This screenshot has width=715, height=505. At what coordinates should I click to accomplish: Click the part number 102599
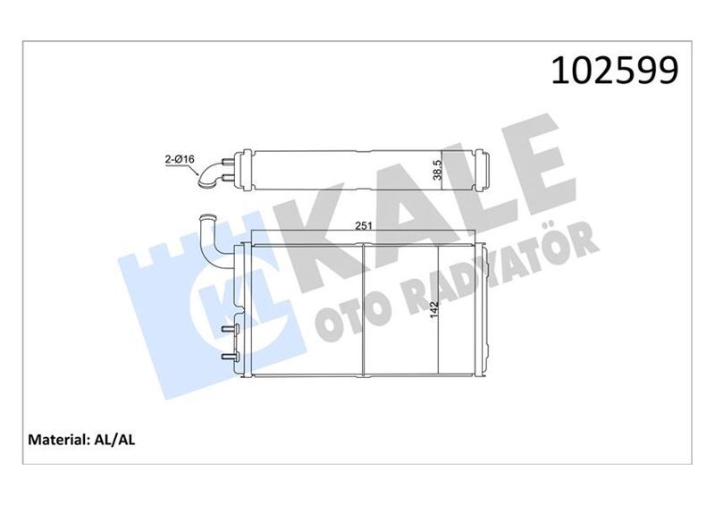pyautogui.click(x=615, y=70)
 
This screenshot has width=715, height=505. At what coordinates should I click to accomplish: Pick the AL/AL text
pyautogui.click(x=114, y=440)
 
